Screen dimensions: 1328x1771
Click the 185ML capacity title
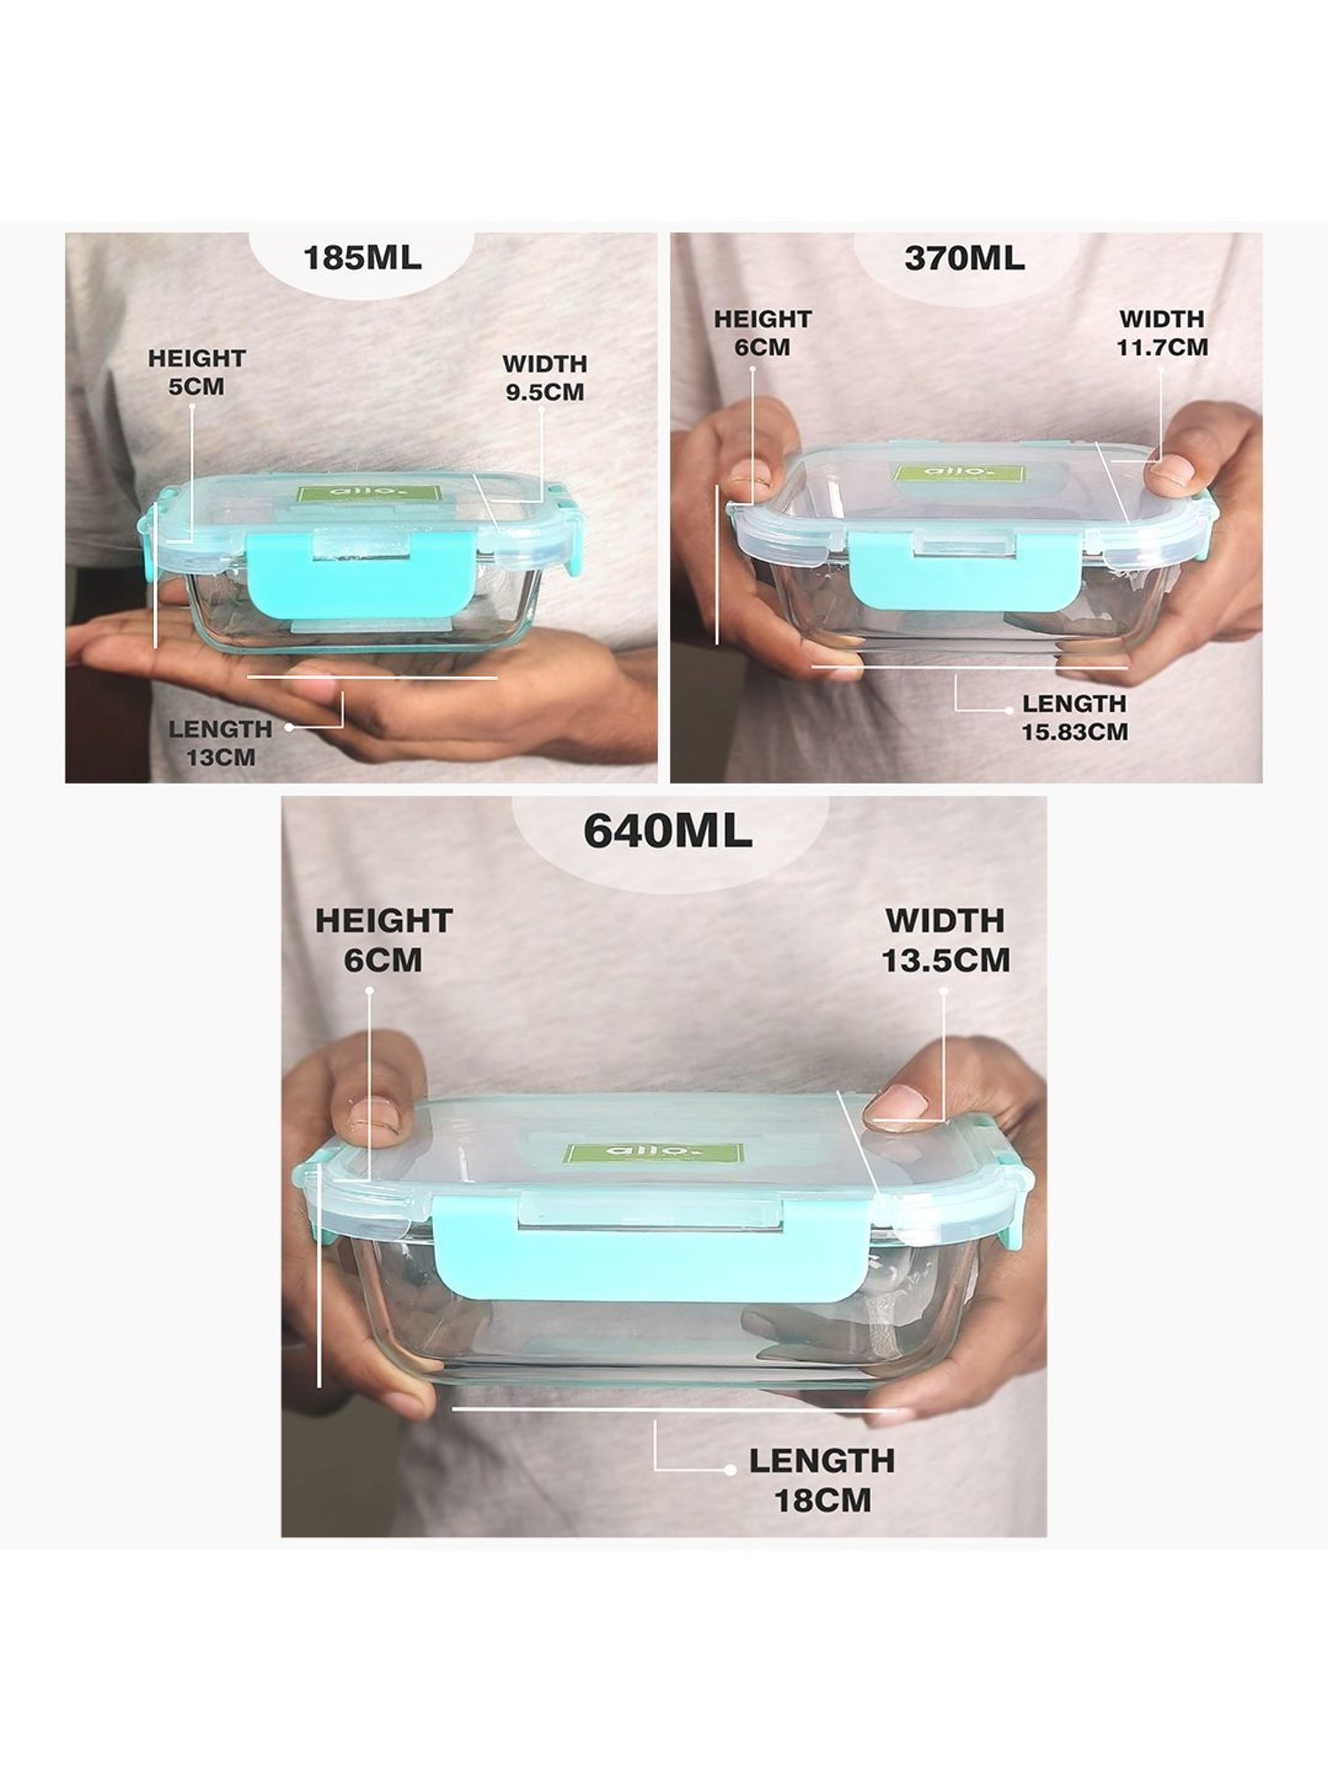point(362,259)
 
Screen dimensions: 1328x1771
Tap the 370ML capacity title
point(965,259)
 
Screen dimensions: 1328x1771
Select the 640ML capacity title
point(668,831)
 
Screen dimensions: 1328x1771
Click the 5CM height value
point(197,387)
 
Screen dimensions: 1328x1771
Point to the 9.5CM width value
point(545,392)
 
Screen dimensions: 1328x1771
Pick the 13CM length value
point(220,758)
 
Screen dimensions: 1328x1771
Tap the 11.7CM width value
point(1162,347)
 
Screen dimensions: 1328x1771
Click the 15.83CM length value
point(1075,732)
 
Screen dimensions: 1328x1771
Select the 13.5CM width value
point(946,961)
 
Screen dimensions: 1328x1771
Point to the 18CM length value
point(822,1500)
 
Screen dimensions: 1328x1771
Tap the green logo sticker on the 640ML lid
point(654,1154)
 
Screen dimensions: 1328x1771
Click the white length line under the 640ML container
point(676,1407)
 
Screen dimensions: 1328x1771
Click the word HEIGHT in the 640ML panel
point(383,921)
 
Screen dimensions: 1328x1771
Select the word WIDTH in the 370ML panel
point(1162,319)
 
